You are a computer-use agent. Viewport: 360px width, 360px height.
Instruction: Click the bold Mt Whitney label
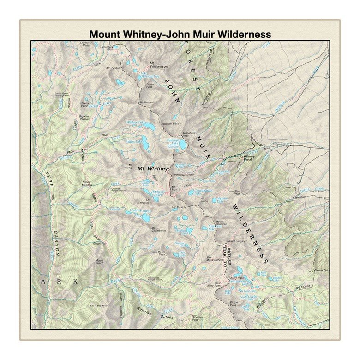coord(152,168)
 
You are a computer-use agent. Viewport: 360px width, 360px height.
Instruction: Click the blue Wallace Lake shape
coord(149,126)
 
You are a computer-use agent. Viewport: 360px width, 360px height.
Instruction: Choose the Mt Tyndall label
coord(113,68)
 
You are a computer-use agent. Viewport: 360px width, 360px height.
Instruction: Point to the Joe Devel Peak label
coord(158,252)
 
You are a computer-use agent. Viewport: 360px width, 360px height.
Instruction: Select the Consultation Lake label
coord(203,191)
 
